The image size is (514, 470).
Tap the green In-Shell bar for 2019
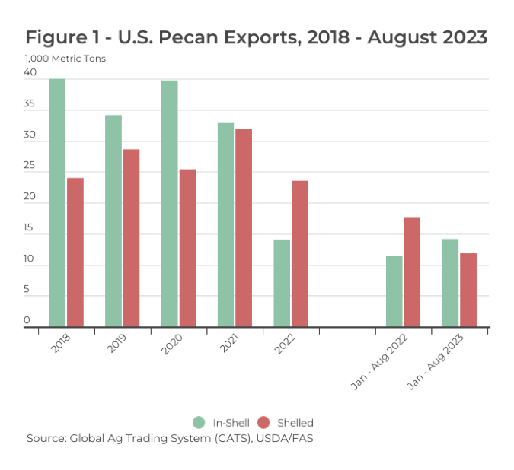[x=113, y=221]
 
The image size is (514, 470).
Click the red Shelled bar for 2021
[x=244, y=228]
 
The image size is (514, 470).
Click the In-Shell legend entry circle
[x=200, y=422]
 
